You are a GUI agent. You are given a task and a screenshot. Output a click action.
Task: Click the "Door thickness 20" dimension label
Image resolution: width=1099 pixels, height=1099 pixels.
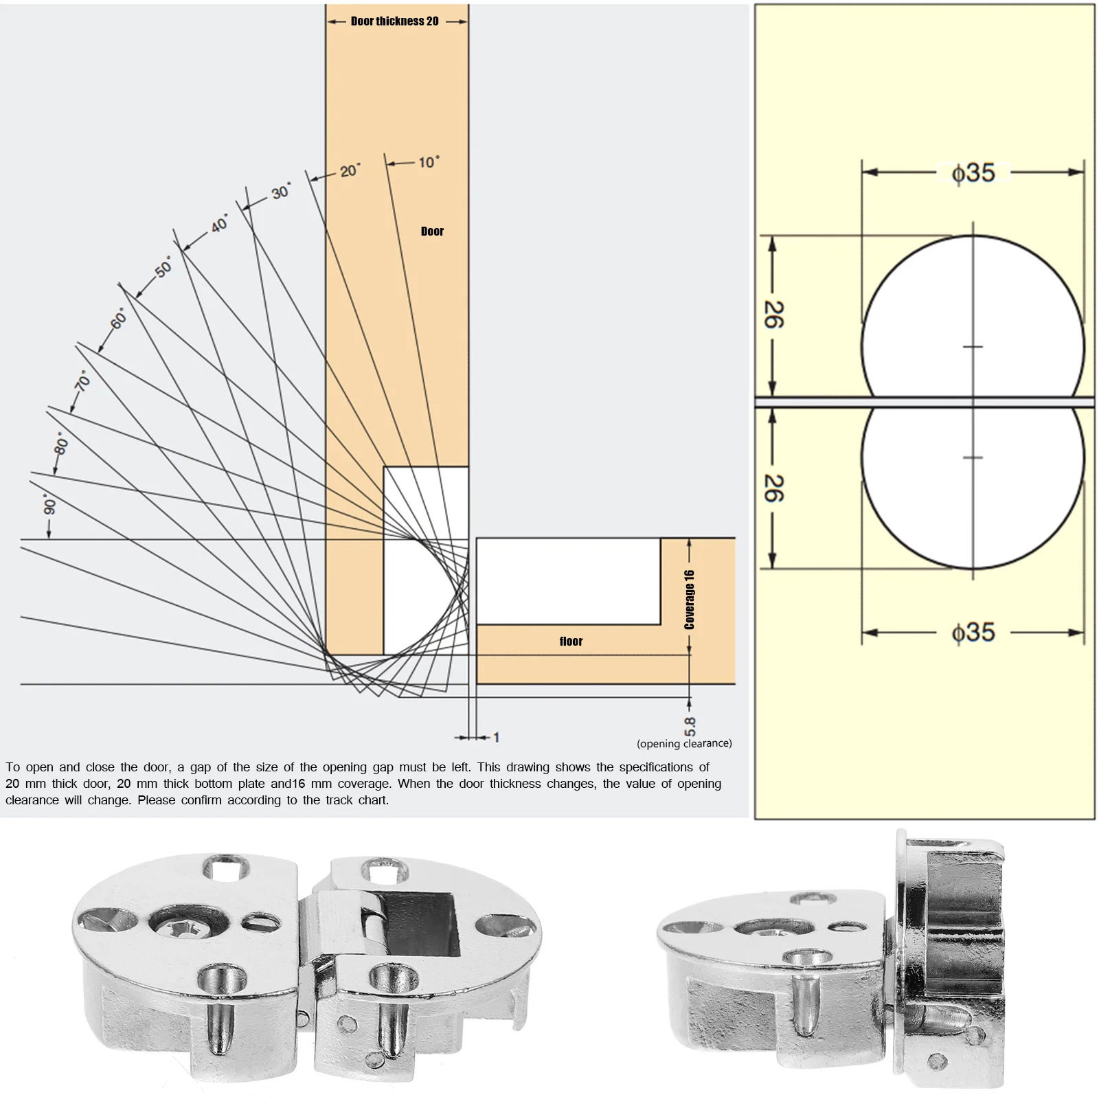pos(394,21)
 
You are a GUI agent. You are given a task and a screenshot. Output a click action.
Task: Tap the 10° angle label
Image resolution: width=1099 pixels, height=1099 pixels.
pos(429,163)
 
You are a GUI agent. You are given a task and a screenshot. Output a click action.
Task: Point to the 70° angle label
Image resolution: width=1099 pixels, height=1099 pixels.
pos(82,381)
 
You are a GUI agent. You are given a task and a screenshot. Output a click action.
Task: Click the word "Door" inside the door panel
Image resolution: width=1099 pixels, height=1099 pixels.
pos(432,231)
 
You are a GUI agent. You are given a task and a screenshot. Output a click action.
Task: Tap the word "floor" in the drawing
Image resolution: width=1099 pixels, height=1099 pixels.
pos(571,642)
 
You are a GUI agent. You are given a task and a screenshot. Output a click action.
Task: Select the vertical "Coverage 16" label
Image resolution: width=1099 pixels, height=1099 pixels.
pos(690,600)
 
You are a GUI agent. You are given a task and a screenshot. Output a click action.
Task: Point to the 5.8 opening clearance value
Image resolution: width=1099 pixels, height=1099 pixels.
pos(690,726)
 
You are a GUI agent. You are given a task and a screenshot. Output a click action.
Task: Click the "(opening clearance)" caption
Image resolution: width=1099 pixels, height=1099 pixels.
pos(684,744)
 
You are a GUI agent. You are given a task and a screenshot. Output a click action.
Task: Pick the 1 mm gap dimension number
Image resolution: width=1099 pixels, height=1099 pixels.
pos(496,738)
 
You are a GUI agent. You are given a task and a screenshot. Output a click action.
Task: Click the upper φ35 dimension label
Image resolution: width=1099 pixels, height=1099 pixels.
pos(973,173)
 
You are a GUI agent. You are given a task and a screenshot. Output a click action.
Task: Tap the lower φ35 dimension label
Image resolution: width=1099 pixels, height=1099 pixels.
pos(973,632)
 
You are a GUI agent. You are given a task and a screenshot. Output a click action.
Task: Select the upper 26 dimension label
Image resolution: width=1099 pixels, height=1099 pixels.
pos(773,315)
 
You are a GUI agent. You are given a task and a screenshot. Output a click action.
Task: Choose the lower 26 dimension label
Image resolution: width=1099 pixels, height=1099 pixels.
pos(773,488)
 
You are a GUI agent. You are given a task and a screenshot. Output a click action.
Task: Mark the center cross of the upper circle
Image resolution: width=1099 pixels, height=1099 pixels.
pos(973,347)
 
